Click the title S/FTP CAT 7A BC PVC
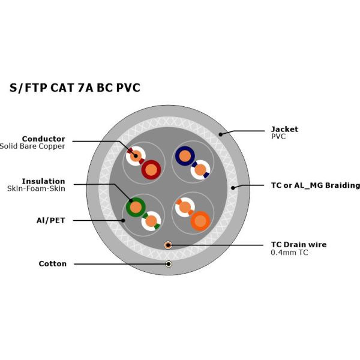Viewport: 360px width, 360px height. (75, 88)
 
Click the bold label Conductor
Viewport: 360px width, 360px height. (43, 139)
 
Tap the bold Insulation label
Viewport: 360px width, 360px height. (43, 181)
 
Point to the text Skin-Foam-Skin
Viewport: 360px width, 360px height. (36, 188)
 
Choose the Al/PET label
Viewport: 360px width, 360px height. (50, 220)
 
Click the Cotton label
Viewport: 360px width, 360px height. (53, 263)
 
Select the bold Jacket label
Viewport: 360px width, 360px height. (284, 129)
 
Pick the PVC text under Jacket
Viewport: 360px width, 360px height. (278, 136)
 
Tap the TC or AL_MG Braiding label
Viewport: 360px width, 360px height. (316, 185)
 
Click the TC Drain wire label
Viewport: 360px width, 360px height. (299, 244)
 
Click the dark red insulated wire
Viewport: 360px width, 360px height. (151, 170)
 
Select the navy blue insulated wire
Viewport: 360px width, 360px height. (184, 157)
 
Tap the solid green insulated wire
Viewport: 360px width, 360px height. (136, 208)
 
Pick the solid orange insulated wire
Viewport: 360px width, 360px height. (200, 221)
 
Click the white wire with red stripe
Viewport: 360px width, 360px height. (136, 156)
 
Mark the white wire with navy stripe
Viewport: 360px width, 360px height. (200, 170)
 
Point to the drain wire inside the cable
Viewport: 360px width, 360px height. (169, 245)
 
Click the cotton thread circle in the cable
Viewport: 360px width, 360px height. (169, 264)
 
